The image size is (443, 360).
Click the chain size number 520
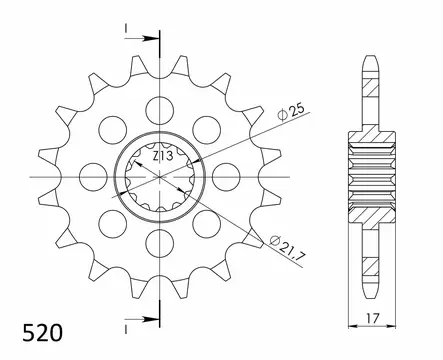coord(42,333)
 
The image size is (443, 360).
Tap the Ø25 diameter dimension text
coord(291,112)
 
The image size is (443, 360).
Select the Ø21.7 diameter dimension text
coord(286,247)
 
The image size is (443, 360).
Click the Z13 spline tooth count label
coord(163,156)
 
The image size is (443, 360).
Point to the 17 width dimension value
coord(372,318)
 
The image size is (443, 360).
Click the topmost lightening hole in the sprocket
coord(160,111)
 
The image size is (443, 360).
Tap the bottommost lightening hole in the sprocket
coord(160,243)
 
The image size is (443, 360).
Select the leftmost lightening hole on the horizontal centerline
coord(94,177)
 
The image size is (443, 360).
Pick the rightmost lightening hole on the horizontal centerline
coord(226,177)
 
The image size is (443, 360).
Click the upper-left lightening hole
coord(113,130)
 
